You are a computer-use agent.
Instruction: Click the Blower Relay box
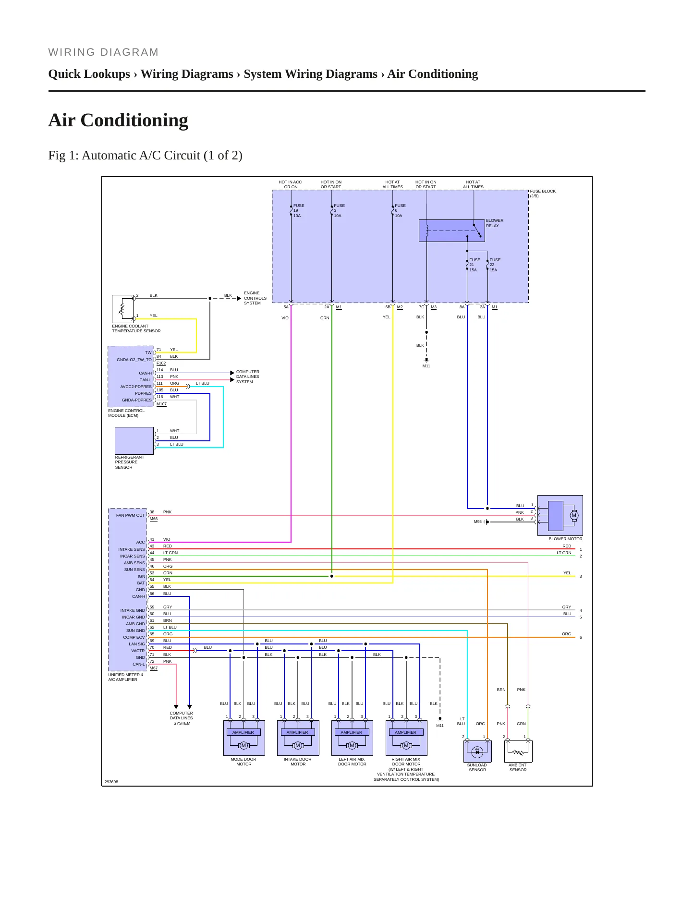(451, 231)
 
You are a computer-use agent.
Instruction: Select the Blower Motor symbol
(560, 515)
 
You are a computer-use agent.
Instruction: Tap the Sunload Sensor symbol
(477, 751)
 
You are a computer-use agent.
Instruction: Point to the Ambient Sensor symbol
(518, 751)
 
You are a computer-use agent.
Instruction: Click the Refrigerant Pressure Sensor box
(134, 440)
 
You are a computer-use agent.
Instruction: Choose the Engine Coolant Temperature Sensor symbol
(122, 309)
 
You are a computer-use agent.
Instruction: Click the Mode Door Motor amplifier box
(243, 732)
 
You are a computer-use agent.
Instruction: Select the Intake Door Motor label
(298, 762)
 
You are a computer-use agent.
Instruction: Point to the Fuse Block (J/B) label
(543, 194)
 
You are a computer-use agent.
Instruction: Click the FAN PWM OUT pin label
(130, 515)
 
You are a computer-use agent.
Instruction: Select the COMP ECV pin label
(134, 637)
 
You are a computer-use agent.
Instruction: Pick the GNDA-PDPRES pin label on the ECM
(136, 400)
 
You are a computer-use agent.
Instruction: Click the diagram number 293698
(111, 782)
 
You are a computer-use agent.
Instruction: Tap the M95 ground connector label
(477, 522)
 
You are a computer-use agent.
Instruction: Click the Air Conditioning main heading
(118, 120)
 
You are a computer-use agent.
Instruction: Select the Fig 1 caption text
(145, 156)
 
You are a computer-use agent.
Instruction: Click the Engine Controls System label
(255, 298)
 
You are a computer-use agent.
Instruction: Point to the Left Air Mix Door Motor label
(352, 762)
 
